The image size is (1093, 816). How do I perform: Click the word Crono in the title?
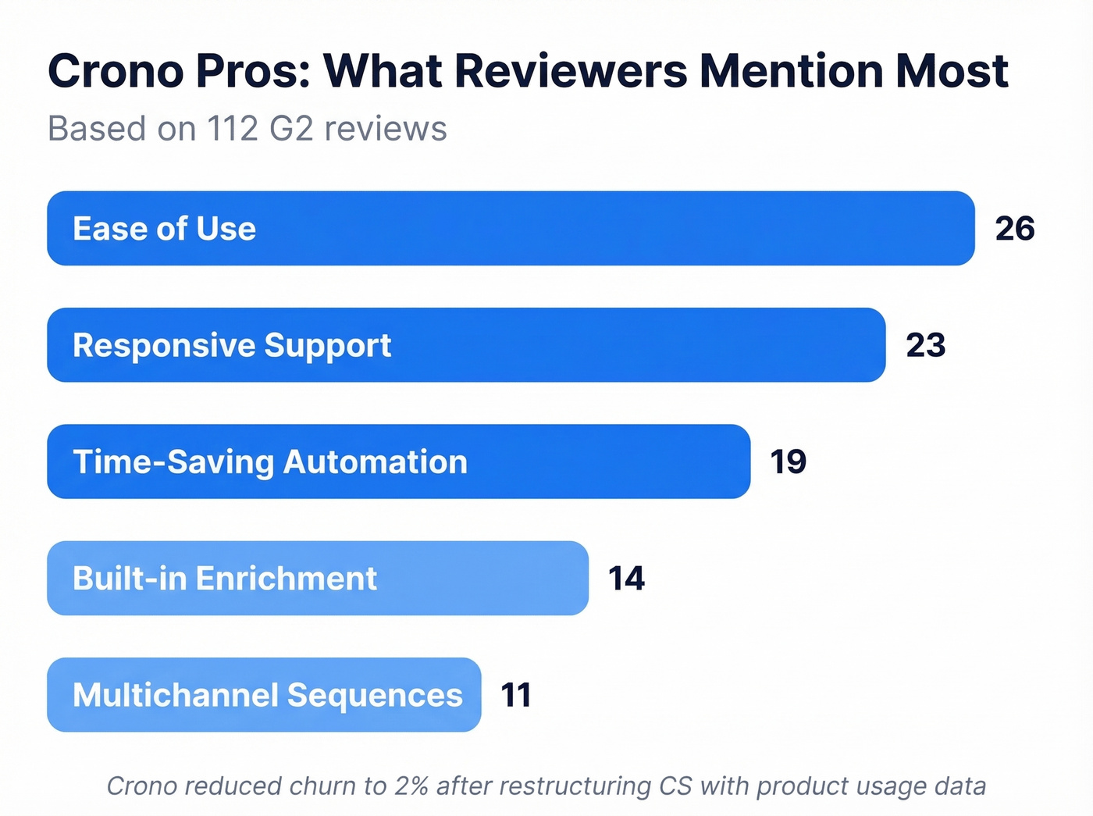(116, 71)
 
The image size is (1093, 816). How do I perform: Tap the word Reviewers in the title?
(571, 71)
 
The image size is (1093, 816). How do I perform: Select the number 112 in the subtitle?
(233, 129)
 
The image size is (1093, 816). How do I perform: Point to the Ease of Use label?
(164, 229)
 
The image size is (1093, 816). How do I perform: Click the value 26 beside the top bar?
(1015, 229)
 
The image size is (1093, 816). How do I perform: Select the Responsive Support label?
(232, 345)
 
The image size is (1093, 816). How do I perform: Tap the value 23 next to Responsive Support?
(926, 345)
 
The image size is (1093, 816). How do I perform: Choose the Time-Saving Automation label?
(270, 461)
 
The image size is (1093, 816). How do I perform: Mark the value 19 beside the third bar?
(789, 461)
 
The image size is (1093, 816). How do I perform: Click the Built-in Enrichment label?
(225, 579)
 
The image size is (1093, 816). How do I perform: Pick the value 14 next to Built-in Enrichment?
(626, 579)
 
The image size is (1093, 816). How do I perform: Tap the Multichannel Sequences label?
(268, 695)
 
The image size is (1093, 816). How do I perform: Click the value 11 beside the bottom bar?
(516, 695)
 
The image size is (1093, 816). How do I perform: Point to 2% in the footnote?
(411, 786)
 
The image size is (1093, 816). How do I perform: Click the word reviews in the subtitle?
(385, 129)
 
